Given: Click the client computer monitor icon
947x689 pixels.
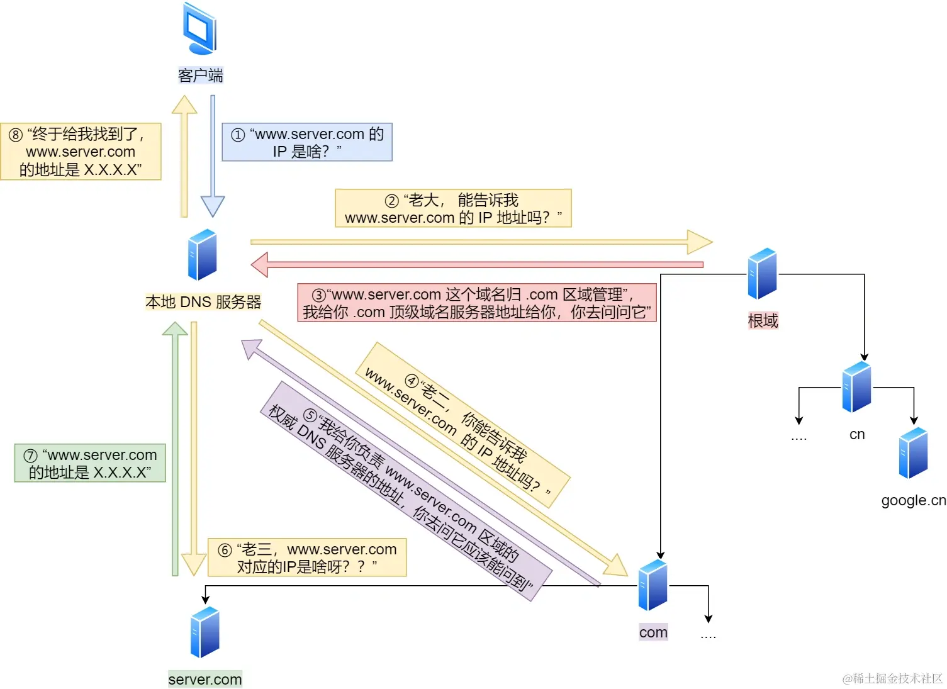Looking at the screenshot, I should click(200, 29).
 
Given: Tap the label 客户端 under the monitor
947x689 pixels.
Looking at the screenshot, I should click(200, 76).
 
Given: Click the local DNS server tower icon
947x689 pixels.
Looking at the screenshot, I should click(203, 255).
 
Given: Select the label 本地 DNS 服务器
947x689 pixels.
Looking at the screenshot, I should click(203, 302).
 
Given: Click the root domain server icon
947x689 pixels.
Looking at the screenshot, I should click(762, 274).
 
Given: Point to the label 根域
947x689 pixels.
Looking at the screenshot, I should click(763, 321).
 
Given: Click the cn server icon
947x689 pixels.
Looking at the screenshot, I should click(856, 387).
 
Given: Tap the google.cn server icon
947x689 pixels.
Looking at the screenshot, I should click(914, 453).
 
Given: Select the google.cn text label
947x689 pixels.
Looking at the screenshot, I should click(913, 500).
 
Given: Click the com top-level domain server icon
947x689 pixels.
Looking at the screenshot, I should click(653, 585).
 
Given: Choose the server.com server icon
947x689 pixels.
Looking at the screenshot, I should click(205, 632).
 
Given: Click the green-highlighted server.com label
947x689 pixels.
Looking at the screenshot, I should click(205, 680).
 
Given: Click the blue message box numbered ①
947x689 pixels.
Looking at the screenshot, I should click(307, 142).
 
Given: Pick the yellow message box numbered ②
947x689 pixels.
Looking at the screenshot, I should click(453, 208).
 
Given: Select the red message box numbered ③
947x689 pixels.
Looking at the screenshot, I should click(477, 303).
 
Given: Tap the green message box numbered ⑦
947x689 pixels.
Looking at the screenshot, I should click(90, 463).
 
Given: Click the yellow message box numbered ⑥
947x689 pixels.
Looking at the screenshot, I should click(307, 557).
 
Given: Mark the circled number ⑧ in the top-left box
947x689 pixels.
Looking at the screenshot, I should click(16, 135).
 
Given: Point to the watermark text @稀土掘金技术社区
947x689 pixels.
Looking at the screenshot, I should click(892, 678).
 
